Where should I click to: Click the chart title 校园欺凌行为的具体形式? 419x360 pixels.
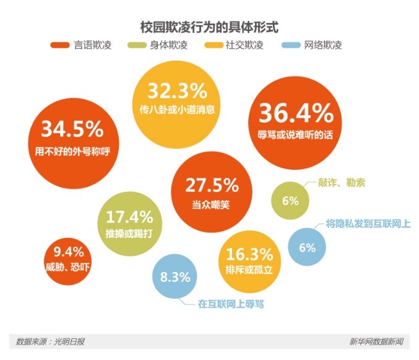click(209, 27)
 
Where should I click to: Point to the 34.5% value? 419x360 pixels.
click(72, 130)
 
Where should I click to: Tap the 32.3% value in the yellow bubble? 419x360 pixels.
click(177, 92)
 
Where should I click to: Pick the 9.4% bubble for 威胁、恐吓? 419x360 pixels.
click(69, 258)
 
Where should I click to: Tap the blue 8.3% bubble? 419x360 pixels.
click(175, 277)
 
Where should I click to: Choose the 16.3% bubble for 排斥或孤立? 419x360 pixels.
click(249, 261)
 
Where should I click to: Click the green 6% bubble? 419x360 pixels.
click(290, 201)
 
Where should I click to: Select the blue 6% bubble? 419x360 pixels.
click(307, 247)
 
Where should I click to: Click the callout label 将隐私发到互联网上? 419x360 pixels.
click(368, 224)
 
